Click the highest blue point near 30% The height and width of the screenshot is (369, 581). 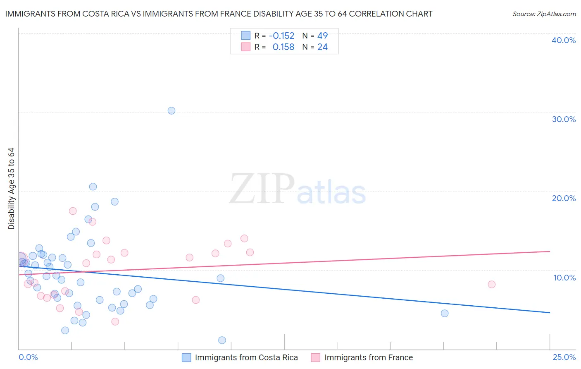(171, 110)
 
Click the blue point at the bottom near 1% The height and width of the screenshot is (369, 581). (222, 340)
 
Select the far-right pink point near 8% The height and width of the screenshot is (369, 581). (491, 284)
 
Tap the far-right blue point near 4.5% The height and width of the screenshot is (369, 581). (445, 313)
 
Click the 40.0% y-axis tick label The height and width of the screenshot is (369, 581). (564, 40)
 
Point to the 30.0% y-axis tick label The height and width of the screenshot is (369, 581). (564, 119)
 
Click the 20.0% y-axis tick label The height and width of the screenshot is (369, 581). (564, 198)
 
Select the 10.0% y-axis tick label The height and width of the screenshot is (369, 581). (564, 278)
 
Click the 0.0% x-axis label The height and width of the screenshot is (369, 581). (28, 357)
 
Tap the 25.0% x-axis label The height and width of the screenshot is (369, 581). (564, 357)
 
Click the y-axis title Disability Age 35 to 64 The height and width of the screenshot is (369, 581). (11, 189)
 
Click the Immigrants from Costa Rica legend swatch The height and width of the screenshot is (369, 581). (186, 357)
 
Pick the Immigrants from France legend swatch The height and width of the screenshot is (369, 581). (316, 357)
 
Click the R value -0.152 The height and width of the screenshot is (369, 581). (281, 36)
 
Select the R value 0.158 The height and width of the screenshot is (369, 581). (283, 47)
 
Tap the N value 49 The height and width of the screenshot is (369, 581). (322, 36)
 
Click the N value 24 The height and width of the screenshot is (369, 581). (322, 47)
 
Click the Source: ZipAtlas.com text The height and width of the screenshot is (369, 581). (544, 14)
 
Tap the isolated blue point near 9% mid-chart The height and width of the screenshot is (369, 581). (221, 278)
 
